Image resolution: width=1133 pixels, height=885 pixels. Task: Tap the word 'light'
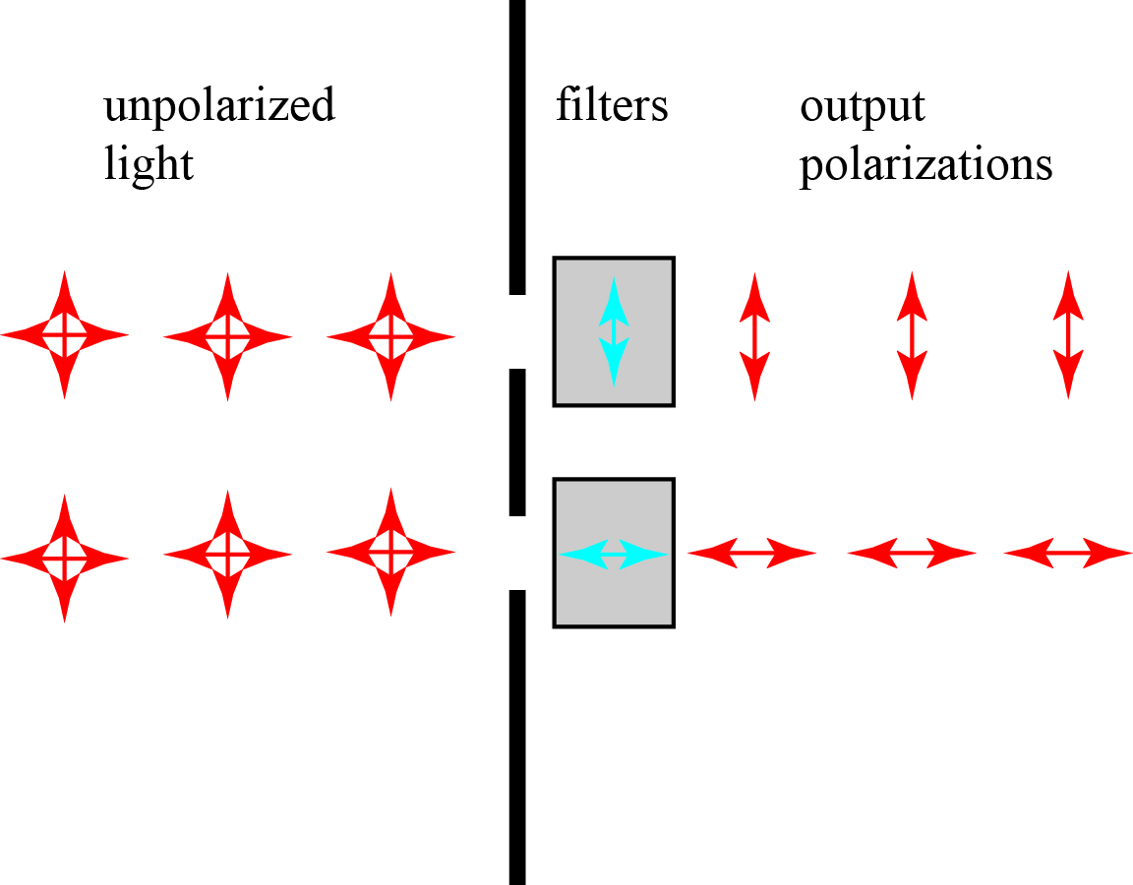tap(149, 163)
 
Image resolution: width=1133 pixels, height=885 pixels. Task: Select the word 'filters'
tap(612, 104)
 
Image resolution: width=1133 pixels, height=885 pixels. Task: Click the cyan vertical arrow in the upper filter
tap(614, 330)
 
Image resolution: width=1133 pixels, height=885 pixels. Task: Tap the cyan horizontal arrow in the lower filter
tap(614, 555)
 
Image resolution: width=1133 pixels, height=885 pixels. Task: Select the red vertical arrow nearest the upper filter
tap(754, 336)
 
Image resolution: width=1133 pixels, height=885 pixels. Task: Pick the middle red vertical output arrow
tap(912, 336)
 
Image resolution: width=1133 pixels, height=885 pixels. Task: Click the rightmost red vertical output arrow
tap(1068, 336)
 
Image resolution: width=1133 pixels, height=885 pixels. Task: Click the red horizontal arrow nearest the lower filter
tap(752, 554)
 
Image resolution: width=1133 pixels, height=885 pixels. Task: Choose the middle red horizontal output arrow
tap(912, 554)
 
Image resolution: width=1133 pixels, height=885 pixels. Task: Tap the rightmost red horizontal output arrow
tap(1068, 554)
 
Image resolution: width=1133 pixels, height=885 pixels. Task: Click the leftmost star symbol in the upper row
tap(65, 336)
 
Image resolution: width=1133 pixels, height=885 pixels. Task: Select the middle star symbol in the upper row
tap(228, 336)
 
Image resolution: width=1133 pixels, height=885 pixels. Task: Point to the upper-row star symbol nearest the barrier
tap(391, 336)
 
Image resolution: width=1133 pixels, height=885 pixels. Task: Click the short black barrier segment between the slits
tap(517, 442)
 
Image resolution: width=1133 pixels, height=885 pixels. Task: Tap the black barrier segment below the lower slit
tap(517, 737)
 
